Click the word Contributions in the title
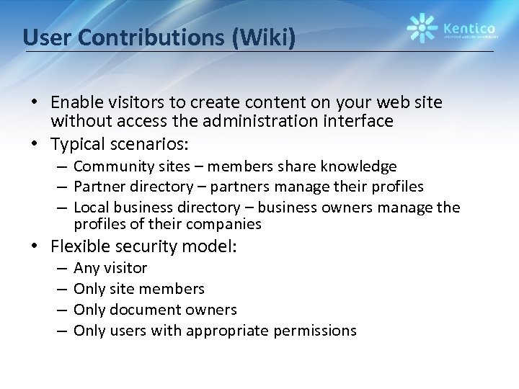tap(156, 37)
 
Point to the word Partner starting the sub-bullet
tap(99, 187)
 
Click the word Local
tap(90, 208)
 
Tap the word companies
tap(227, 224)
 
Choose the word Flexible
tap(81, 247)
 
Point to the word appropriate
tap(226, 331)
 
